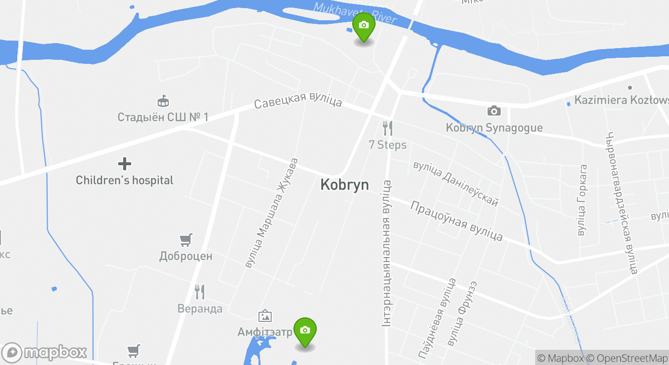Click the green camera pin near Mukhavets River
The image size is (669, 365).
(x=363, y=26)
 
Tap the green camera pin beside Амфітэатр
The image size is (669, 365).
(x=305, y=331)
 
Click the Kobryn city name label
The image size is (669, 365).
(x=344, y=185)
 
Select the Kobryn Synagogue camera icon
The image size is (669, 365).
(x=494, y=111)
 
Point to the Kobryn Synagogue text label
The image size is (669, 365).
(x=494, y=128)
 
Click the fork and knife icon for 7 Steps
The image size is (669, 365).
(x=388, y=128)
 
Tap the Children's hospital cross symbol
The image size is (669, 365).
(x=125, y=164)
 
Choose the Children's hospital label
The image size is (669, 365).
(x=125, y=180)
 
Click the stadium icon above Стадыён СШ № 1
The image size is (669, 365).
(x=163, y=100)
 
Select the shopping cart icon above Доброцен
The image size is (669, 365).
(x=186, y=239)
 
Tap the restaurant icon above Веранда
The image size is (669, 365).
(x=200, y=291)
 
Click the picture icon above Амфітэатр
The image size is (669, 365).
(x=265, y=316)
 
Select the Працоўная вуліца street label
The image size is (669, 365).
(x=456, y=222)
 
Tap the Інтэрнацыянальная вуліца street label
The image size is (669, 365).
(x=387, y=253)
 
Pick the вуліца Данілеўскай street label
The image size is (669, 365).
(x=456, y=184)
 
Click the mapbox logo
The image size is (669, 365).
(x=45, y=352)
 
